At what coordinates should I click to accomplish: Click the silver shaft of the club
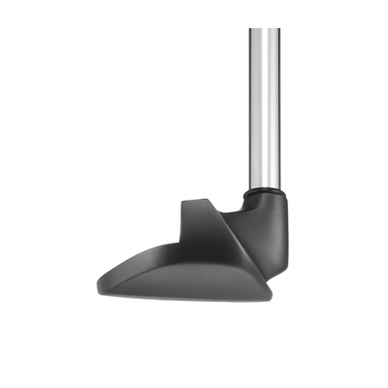click(264, 107)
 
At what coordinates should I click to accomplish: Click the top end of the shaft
click(264, 31)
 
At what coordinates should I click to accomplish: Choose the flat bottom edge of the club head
click(194, 297)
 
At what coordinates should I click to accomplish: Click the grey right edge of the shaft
click(278, 107)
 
